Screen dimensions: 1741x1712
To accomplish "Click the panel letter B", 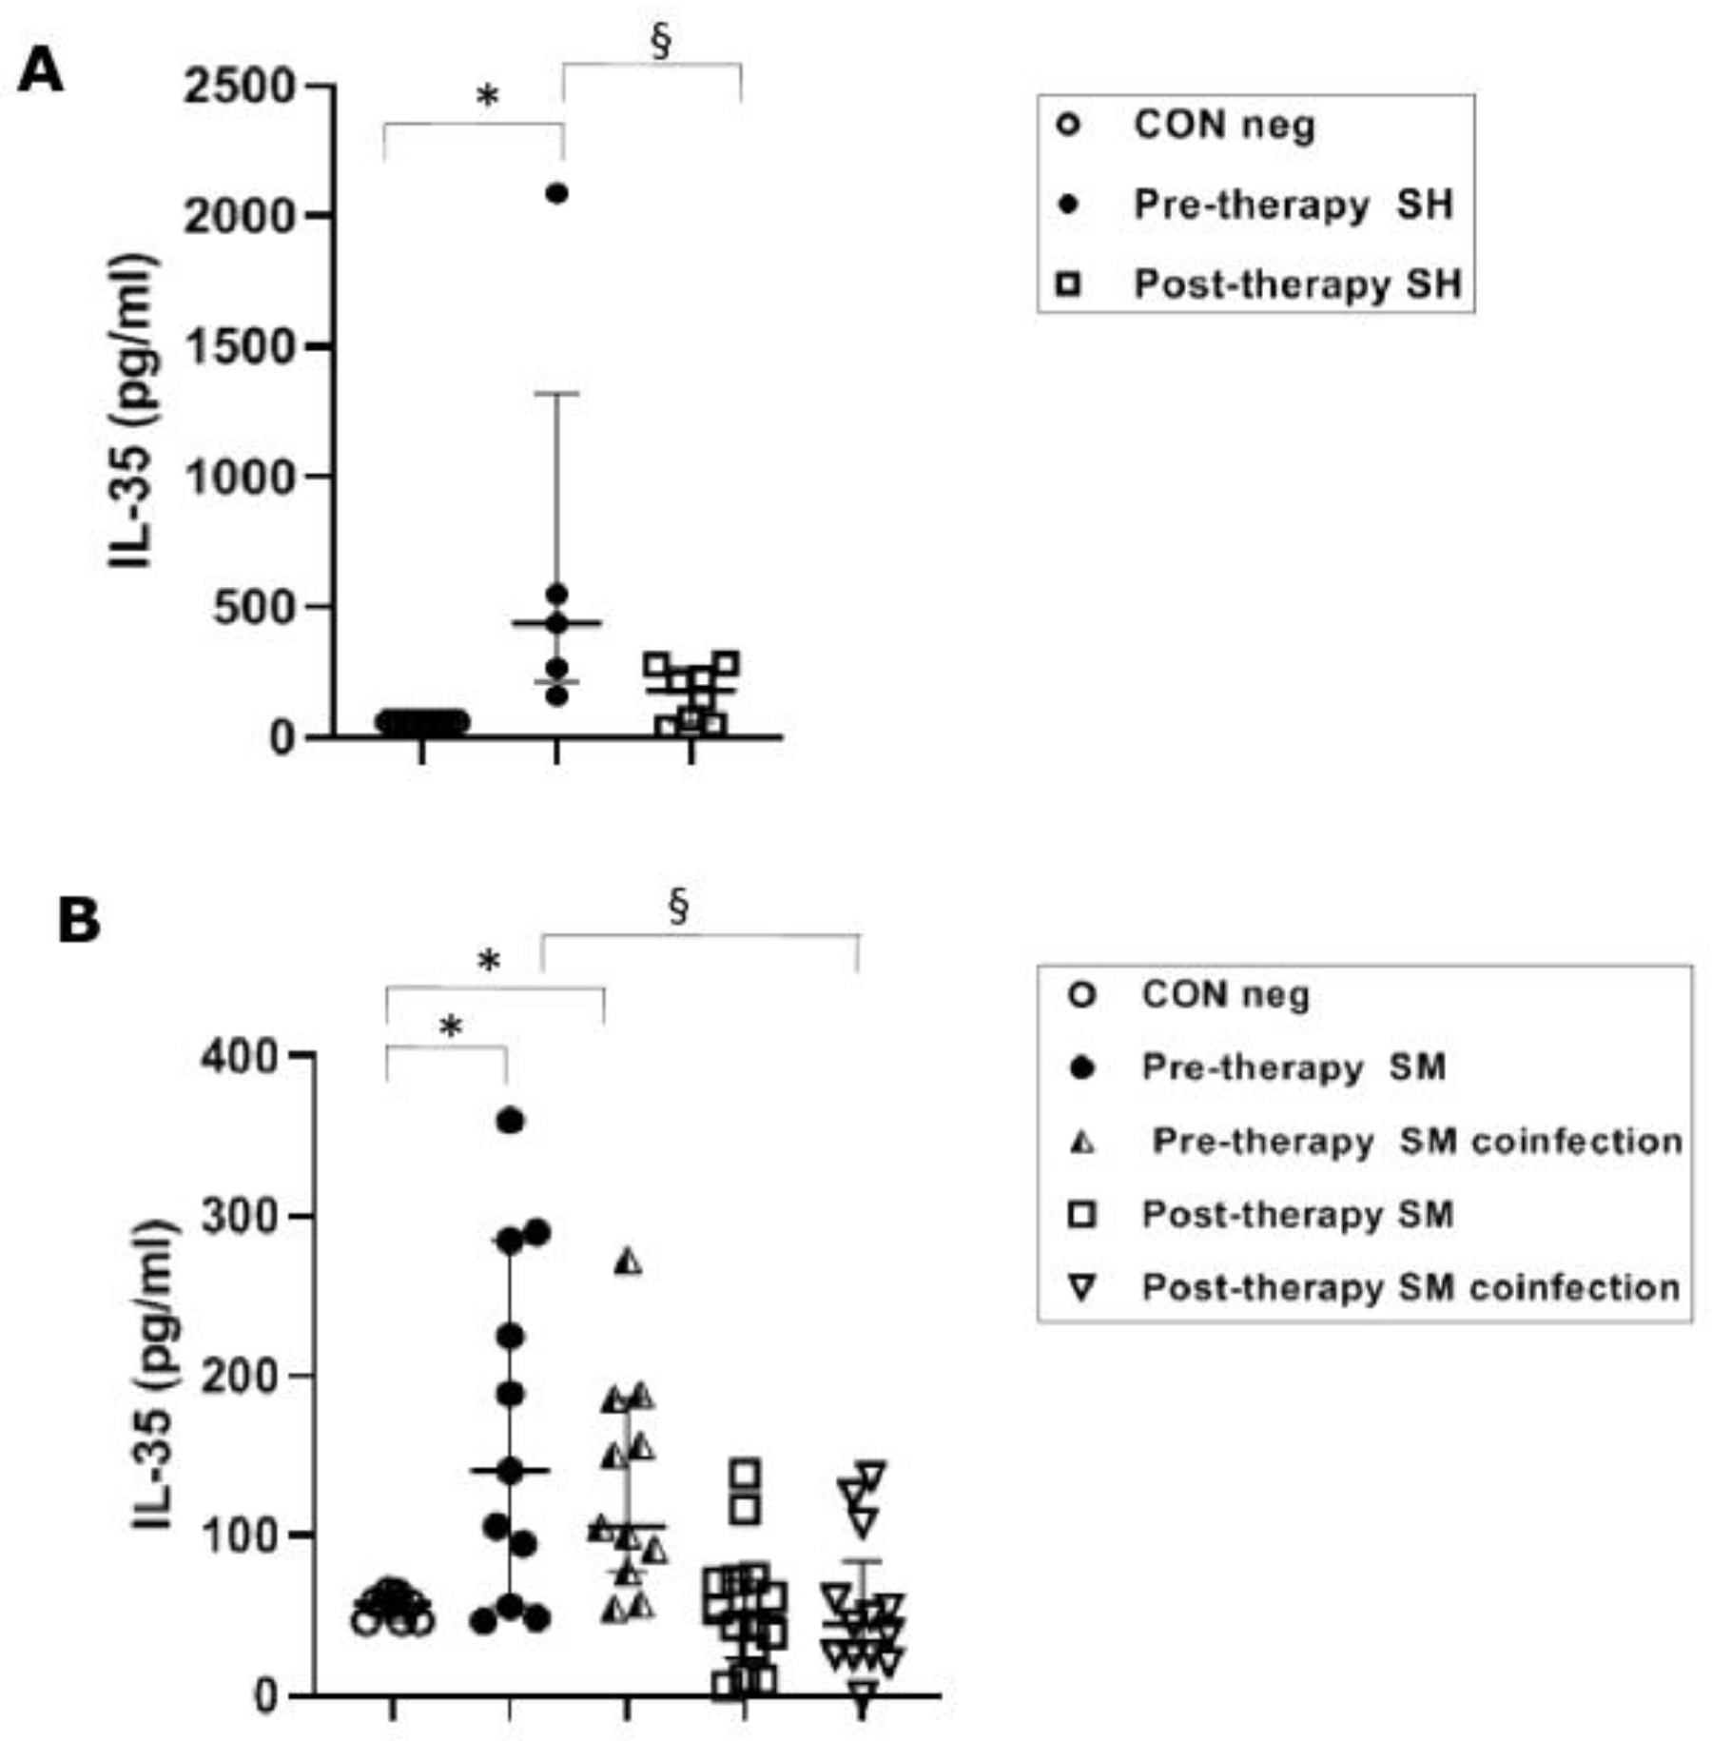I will pyautogui.click(x=79, y=920).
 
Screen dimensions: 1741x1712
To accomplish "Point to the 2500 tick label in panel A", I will pyautogui.click(x=241, y=88).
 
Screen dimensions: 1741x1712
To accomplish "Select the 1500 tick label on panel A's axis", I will pyautogui.click(x=241, y=347).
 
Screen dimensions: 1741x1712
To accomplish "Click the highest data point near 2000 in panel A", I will pyautogui.click(x=556, y=194).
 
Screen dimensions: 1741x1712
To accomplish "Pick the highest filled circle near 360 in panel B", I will pyautogui.click(x=511, y=1122).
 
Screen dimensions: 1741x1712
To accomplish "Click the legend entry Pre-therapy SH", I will pyautogui.click(x=1293, y=205).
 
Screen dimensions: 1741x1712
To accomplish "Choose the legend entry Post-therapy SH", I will pyautogui.click(x=1297, y=284).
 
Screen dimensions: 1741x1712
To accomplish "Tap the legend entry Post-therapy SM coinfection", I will pyautogui.click(x=1410, y=1287).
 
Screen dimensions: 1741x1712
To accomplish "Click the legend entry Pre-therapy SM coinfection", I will pyautogui.click(x=1416, y=1141).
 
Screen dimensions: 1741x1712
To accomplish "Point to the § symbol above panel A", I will pyautogui.click(x=661, y=42).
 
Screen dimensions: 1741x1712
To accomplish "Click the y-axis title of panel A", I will pyautogui.click(x=130, y=411).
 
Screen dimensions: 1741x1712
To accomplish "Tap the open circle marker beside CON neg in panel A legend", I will pyautogui.click(x=1069, y=125).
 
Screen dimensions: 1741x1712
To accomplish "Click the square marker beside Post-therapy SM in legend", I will pyautogui.click(x=1082, y=1215).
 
